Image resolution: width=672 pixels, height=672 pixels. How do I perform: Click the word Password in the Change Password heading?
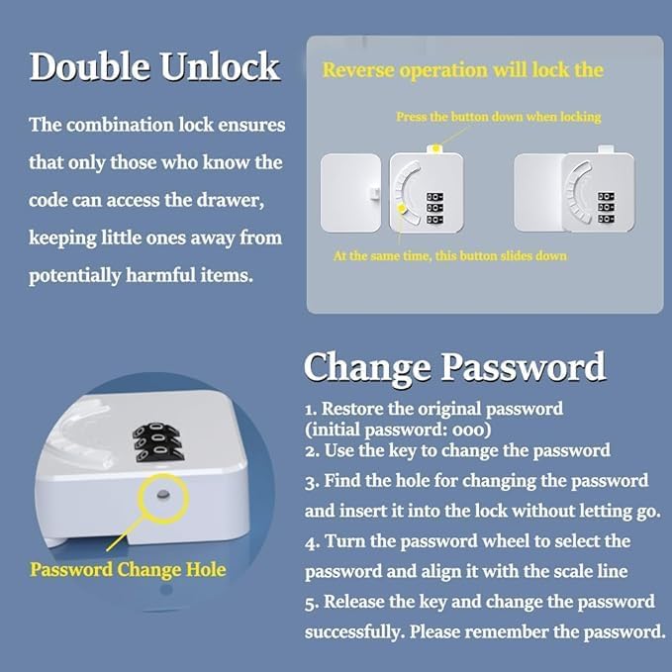pyautogui.click(x=523, y=366)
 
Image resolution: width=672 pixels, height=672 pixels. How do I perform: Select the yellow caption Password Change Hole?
pyautogui.click(x=128, y=569)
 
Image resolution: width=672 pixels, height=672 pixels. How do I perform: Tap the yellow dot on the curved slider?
pyautogui.click(x=401, y=208)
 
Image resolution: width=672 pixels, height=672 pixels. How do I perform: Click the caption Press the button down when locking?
pyautogui.click(x=498, y=117)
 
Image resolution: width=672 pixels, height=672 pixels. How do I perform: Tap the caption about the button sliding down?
pyautogui.click(x=450, y=255)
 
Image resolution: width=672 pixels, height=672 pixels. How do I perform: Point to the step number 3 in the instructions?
pyautogui.click(x=310, y=481)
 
